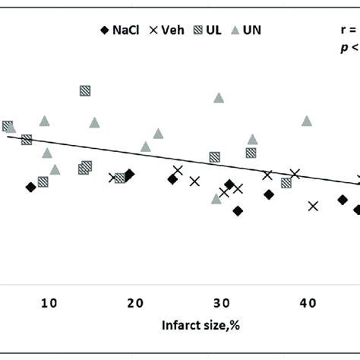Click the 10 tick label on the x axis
(49, 303)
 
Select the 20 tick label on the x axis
(135, 303)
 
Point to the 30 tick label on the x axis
(221, 303)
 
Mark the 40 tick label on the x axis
(308, 303)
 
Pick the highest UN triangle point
(219, 97)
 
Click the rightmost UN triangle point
(307, 121)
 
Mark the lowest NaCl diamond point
(238, 211)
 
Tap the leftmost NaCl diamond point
(30, 187)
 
